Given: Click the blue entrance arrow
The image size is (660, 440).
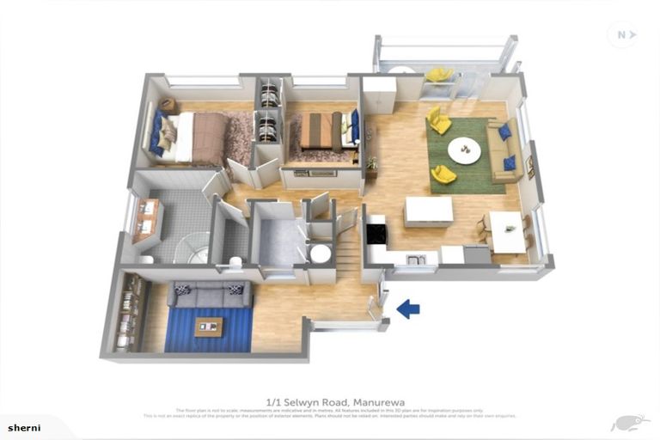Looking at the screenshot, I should click(408, 309).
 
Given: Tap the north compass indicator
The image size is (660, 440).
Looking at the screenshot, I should click(621, 34).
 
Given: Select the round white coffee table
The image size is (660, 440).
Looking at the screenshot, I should click(465, 150).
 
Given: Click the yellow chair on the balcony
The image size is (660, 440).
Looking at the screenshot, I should click(439, 75).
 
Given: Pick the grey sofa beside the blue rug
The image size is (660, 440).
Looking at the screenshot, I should click(210, 295).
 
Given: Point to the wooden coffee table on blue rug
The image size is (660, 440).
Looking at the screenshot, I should click(208, 327).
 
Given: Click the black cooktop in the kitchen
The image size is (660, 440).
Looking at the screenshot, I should click(376, 233).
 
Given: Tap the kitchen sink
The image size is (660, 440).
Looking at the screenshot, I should click(416, 259).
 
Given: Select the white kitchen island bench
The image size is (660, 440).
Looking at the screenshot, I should click(428, 211).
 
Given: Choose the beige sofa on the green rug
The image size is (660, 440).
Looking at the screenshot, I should click(504, 150).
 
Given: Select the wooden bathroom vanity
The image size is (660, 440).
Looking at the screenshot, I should click(147, 219).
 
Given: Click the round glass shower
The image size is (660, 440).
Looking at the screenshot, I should click(192, 248).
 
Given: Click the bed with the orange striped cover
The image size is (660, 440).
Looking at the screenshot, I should click(323, 131).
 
